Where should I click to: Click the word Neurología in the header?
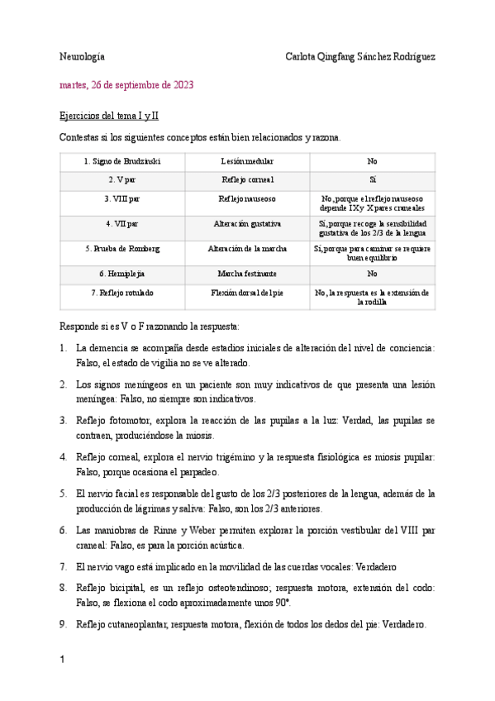coord(82,57)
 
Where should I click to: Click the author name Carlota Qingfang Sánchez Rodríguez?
coord(359,57)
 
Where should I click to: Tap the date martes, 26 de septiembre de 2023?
coord(126,85)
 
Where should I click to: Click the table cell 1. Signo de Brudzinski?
coord(122,161)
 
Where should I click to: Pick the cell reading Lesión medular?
coord(247,161)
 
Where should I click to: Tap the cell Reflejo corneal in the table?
coord(247,179)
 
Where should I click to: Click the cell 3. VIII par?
coord(122,198)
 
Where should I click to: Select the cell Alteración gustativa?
coord(247,223)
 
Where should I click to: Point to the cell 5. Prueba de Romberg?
coord(122,248)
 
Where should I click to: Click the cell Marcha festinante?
coord(247,273)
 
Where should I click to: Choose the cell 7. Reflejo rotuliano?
coord(122,293)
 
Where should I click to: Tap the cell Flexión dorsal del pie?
coord(247,293)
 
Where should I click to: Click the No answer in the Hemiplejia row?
coord(372,273)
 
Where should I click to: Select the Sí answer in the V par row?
coord(372,179)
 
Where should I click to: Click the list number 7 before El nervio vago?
coord(64,567)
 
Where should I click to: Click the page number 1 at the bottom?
coord(63,660)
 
